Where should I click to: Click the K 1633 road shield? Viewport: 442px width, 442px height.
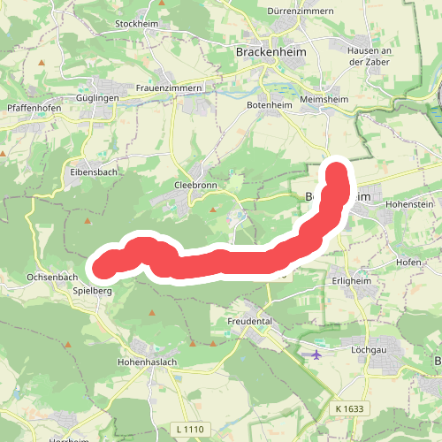pyautogui.click(x=350, y=408)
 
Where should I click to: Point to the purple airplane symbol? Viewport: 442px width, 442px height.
pyautogui.click(x=316, y=354)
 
